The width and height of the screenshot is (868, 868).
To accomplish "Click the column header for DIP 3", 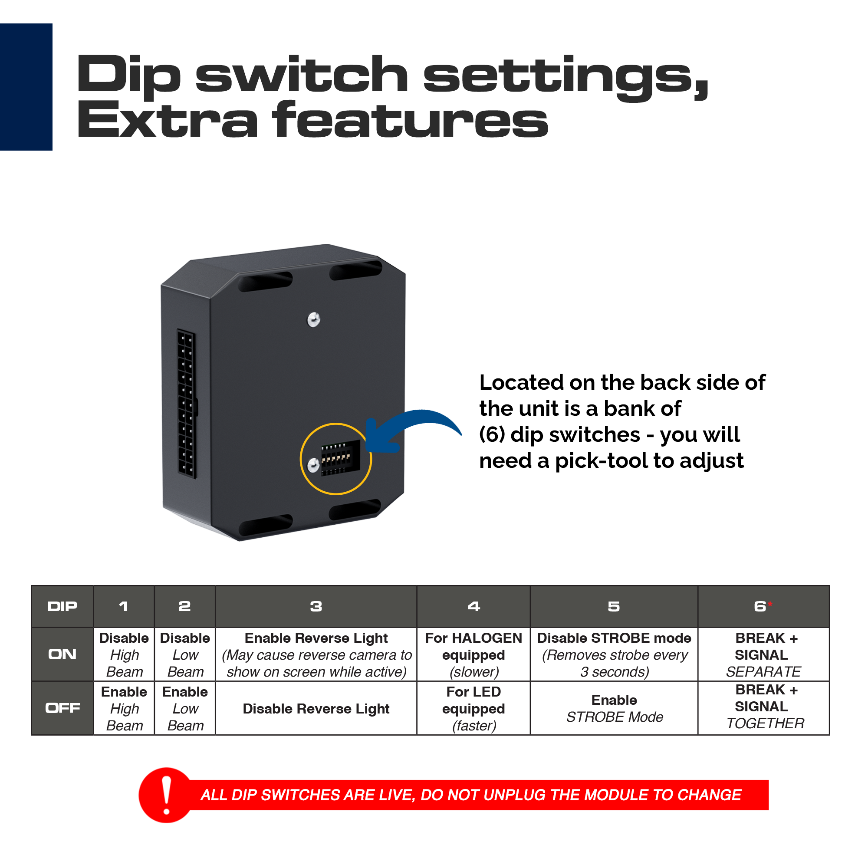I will pyautogui.click(x=316, y=607).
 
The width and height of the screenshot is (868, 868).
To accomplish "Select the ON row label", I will pyautogui.click(x=62, y=654).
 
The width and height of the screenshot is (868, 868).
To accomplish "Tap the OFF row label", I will pyautogui.click(x=62, y=708).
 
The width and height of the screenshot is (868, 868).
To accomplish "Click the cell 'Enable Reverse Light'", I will pyautogui.click(x=316, y=654).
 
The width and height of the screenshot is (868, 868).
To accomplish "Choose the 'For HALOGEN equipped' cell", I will pyautogui.click(x=473, y=654).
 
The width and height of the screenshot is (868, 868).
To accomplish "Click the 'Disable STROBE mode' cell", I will pyautogui.click(x=614, y=654).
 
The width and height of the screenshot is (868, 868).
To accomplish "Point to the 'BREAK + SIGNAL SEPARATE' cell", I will pyautogui.click(x=763, y=654).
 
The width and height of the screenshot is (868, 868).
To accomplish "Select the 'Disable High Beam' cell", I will pyautogui.click(x=124, y=654).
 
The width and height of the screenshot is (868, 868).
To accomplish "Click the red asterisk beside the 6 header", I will pyautogui.click(x=769, y=603).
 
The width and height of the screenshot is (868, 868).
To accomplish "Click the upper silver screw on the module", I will pyautogui.click(x=314, y=320).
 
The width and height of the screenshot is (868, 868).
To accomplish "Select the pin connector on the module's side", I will pyautogui.click(x=187, y=404).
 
